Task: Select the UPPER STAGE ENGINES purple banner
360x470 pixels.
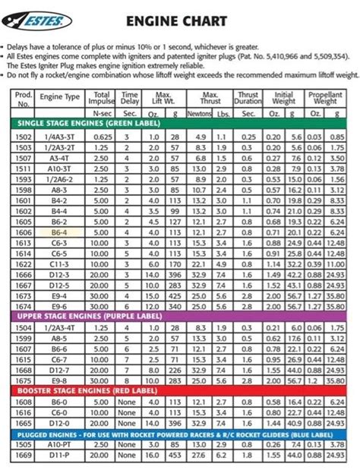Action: click(180, 311)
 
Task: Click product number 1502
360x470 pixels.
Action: click(23, 135)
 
